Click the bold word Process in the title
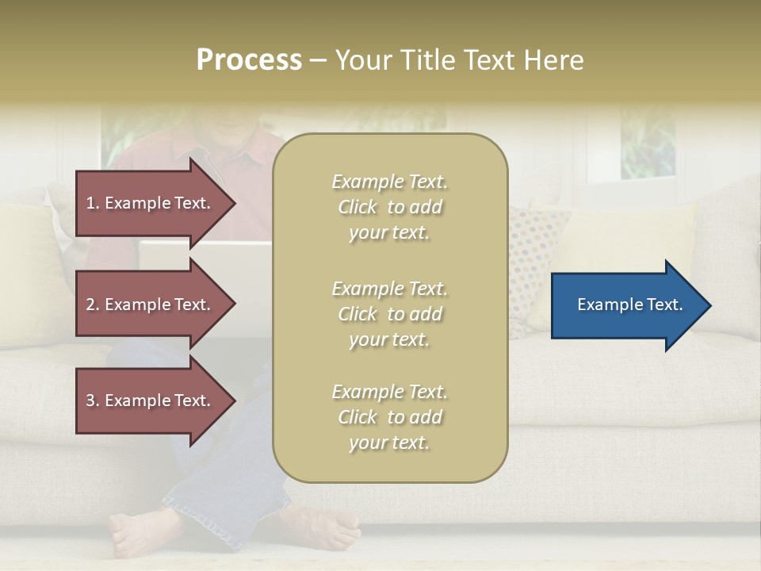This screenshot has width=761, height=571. (249, 60)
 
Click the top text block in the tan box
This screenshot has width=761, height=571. (389, 207)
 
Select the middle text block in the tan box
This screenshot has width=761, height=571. (389, 314)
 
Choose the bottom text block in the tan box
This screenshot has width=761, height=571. (389, 417)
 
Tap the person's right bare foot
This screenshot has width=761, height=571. (321, 527)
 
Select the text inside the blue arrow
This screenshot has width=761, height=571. (630, 305)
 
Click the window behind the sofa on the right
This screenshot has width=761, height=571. (646, 143)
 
